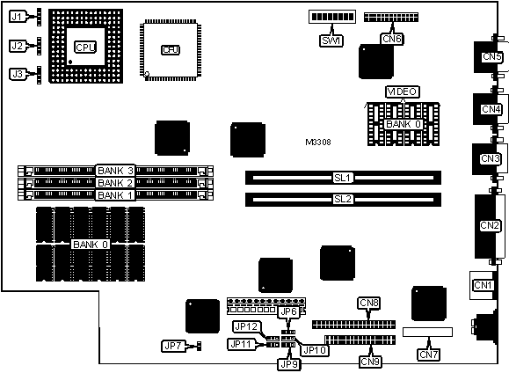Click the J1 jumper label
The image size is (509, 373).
click(x=17, y=17)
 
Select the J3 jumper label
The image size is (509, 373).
click(x=18, y=74)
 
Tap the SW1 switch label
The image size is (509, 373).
click(x=331, y=41)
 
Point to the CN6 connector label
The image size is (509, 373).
click(x=392, y=39)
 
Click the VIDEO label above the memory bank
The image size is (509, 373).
click(x=403, y=92)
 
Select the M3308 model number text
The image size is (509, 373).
click(x=318, y=142)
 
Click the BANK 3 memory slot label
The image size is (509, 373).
click(x=115, y=171)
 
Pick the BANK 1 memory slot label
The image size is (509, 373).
click(x=115, y=195)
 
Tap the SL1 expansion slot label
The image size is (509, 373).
click(x=343, y=178)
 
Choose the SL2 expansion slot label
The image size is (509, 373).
click(x=343, y=199)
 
